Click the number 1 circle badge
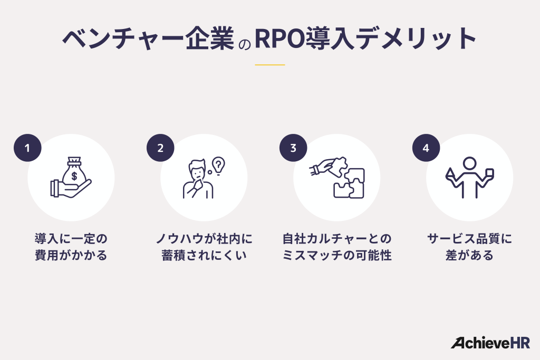pyautogui.click(x=27, y=148)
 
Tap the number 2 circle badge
pyautogui.click(x=160, y=148)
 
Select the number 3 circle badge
pyautogui.click(x=293, y=148)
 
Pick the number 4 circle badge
pyautogui.click(x=426, y=148)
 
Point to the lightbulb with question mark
pyautogui.click(x=217, y=164)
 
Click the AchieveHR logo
pyautogui.click(x=490, y=343)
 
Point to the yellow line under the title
pyautogui.click(x=270, y=65)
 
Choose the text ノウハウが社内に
pyautogui.click(x=204, y=239)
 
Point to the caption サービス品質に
pyautogui.click(x=469, y=239)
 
